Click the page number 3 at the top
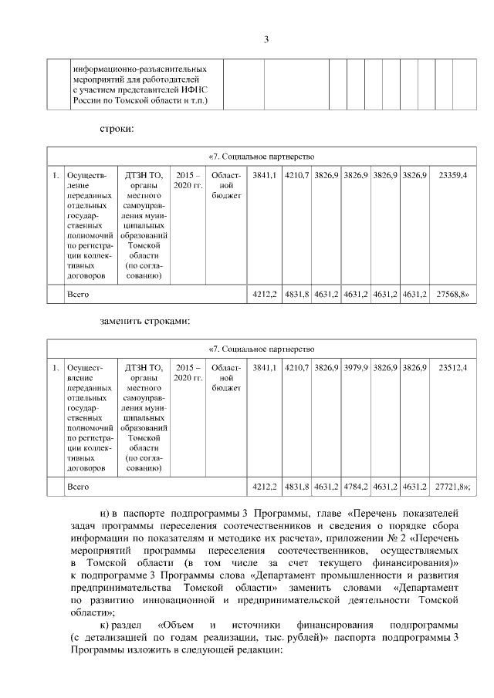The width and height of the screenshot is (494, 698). click(265, 40)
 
